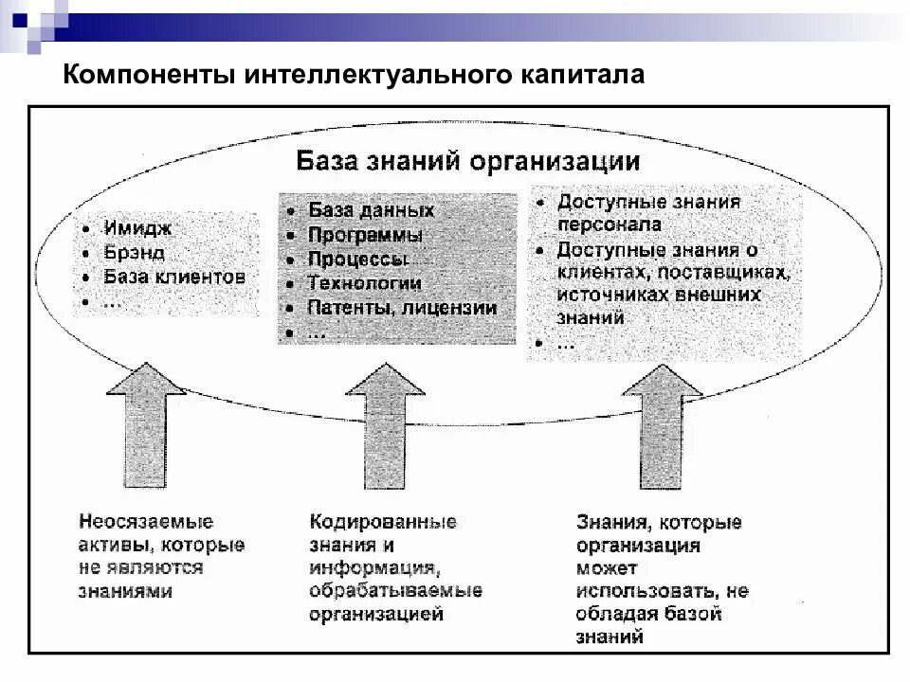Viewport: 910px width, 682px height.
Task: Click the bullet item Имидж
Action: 139,229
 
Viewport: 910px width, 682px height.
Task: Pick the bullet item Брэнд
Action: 135,253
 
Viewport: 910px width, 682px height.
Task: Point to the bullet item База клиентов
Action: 174,277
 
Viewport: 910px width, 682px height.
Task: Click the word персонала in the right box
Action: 610,225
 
